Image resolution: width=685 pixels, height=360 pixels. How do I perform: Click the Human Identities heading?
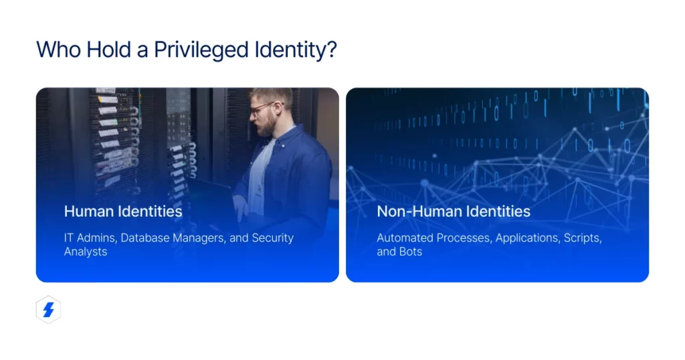tap(123, 211)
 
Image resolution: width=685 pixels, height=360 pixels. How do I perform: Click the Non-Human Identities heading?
tap(454, 211)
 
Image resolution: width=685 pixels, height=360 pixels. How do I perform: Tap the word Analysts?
tap(86, 252)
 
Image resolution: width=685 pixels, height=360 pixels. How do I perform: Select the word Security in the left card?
tap(272, 238)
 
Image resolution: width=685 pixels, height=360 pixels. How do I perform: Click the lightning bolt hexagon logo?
tap(48, 310)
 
